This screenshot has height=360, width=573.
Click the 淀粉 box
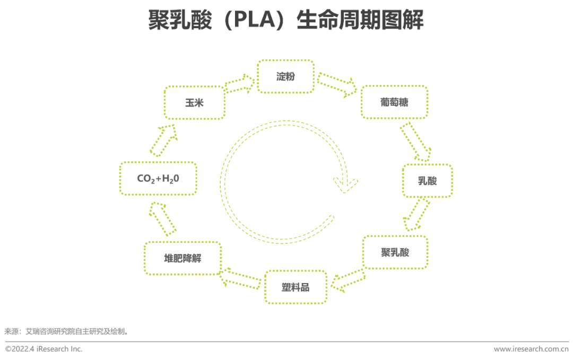pyautogui.click(x=285, y=76)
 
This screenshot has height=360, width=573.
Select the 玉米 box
pyautogui.click(x=194, y=103)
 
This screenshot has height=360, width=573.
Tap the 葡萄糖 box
pyautogui.click(x=394, y=102)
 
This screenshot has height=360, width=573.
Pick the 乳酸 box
pyautogui.click(x=427, y=181)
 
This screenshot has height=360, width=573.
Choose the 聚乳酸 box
pyautogui.click(x=395, y=252)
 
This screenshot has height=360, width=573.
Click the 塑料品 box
pyautogui.click(x=296, y=287)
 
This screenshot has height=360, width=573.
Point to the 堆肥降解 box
pyautogui.click(x=183, y=259)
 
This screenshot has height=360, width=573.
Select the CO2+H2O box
pyautogui.click(x=158, y=179)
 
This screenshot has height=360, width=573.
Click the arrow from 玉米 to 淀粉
pyautogui.click(x=239, y=84)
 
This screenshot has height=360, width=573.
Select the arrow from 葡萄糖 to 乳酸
pyautogui.click(x=415, y=142)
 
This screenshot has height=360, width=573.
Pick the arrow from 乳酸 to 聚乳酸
pyautogui.click(x=416, y=214)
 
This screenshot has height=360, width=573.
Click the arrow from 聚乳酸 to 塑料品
pyautogui.click(x=348, y=280)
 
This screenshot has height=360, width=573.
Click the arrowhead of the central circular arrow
pyautogui.click(x=345, y=183)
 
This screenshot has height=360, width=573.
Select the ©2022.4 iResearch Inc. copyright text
pyautogui.click(x=44, y=349)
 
